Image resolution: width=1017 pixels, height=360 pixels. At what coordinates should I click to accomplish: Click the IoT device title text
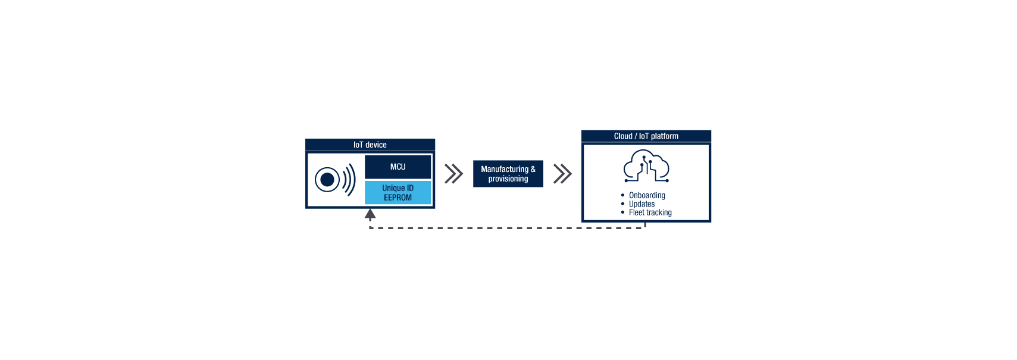pyautogui.click(x=370, y=145)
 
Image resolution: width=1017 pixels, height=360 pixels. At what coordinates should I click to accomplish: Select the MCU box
pyautogui.click(x=398, y=167)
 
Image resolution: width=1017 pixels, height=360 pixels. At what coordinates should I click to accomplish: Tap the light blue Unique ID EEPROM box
pyautogui.click(x=398, y=193)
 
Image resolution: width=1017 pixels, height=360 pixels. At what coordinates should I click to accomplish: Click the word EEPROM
pyautogui.click(x=398, y=198)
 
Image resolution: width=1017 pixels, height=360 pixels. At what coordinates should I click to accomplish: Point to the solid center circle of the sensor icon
pyautogui.click(x=327, y=179)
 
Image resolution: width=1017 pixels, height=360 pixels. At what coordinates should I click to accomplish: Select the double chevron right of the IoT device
pyautogui.click(x=453, y=174)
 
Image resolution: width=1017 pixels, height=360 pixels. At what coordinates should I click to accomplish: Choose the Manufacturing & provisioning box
pyautogui.click(x=508, y=174)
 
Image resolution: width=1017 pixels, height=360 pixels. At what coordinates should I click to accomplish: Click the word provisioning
pyautogui.click(x=508, y=179)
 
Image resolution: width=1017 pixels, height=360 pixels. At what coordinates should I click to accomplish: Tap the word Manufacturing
pyautogui.click(x=504, y=170)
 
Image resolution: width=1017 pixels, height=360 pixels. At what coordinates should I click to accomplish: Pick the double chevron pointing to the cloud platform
pyautogui.click(x=562, y=174)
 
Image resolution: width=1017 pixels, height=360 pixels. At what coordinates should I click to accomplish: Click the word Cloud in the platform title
pyautogui.click(x=623, y=136)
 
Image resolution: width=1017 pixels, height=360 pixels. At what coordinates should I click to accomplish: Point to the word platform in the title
pyautogui.click(x=664, y=136)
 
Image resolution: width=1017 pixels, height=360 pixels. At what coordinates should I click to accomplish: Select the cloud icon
pyautogui.click(x=646, y=166)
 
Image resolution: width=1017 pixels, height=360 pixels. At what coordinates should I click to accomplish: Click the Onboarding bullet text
pyautogui.click(x=647, y=195)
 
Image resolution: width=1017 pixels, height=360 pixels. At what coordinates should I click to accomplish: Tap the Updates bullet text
pyautogui.click(x=642, y=204)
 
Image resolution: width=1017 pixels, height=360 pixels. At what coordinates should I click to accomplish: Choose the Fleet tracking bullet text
pyautogui.click(x=650, y=212)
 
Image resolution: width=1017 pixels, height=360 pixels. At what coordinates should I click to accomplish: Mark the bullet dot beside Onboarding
pyautogui.click(x=622, y=195)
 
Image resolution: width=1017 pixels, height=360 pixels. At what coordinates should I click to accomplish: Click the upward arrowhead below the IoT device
pyautogui.click(x=370, y=214)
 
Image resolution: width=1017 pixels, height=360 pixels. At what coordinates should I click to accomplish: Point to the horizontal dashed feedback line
pyautogui.click(x=506, y=228)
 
